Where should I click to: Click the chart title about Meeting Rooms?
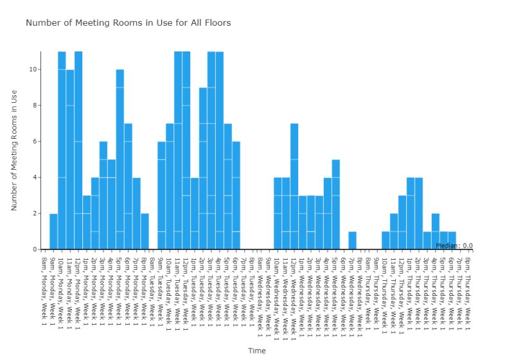128,23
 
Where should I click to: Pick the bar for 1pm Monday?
87,222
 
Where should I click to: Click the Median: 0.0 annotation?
454,246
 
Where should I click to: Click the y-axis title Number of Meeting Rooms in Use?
14,150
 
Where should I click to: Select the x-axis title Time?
257,351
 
